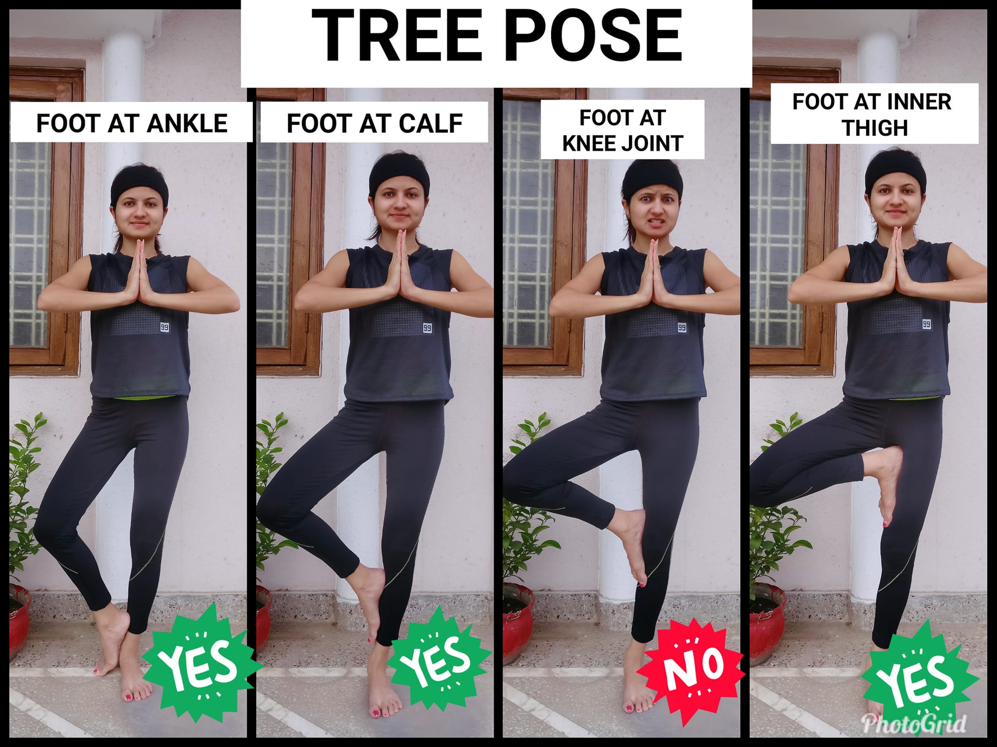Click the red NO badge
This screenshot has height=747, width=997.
690,675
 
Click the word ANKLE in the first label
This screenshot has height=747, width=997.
187,124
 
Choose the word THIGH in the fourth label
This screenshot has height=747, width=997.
875,128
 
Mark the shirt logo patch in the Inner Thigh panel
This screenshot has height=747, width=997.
927,323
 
